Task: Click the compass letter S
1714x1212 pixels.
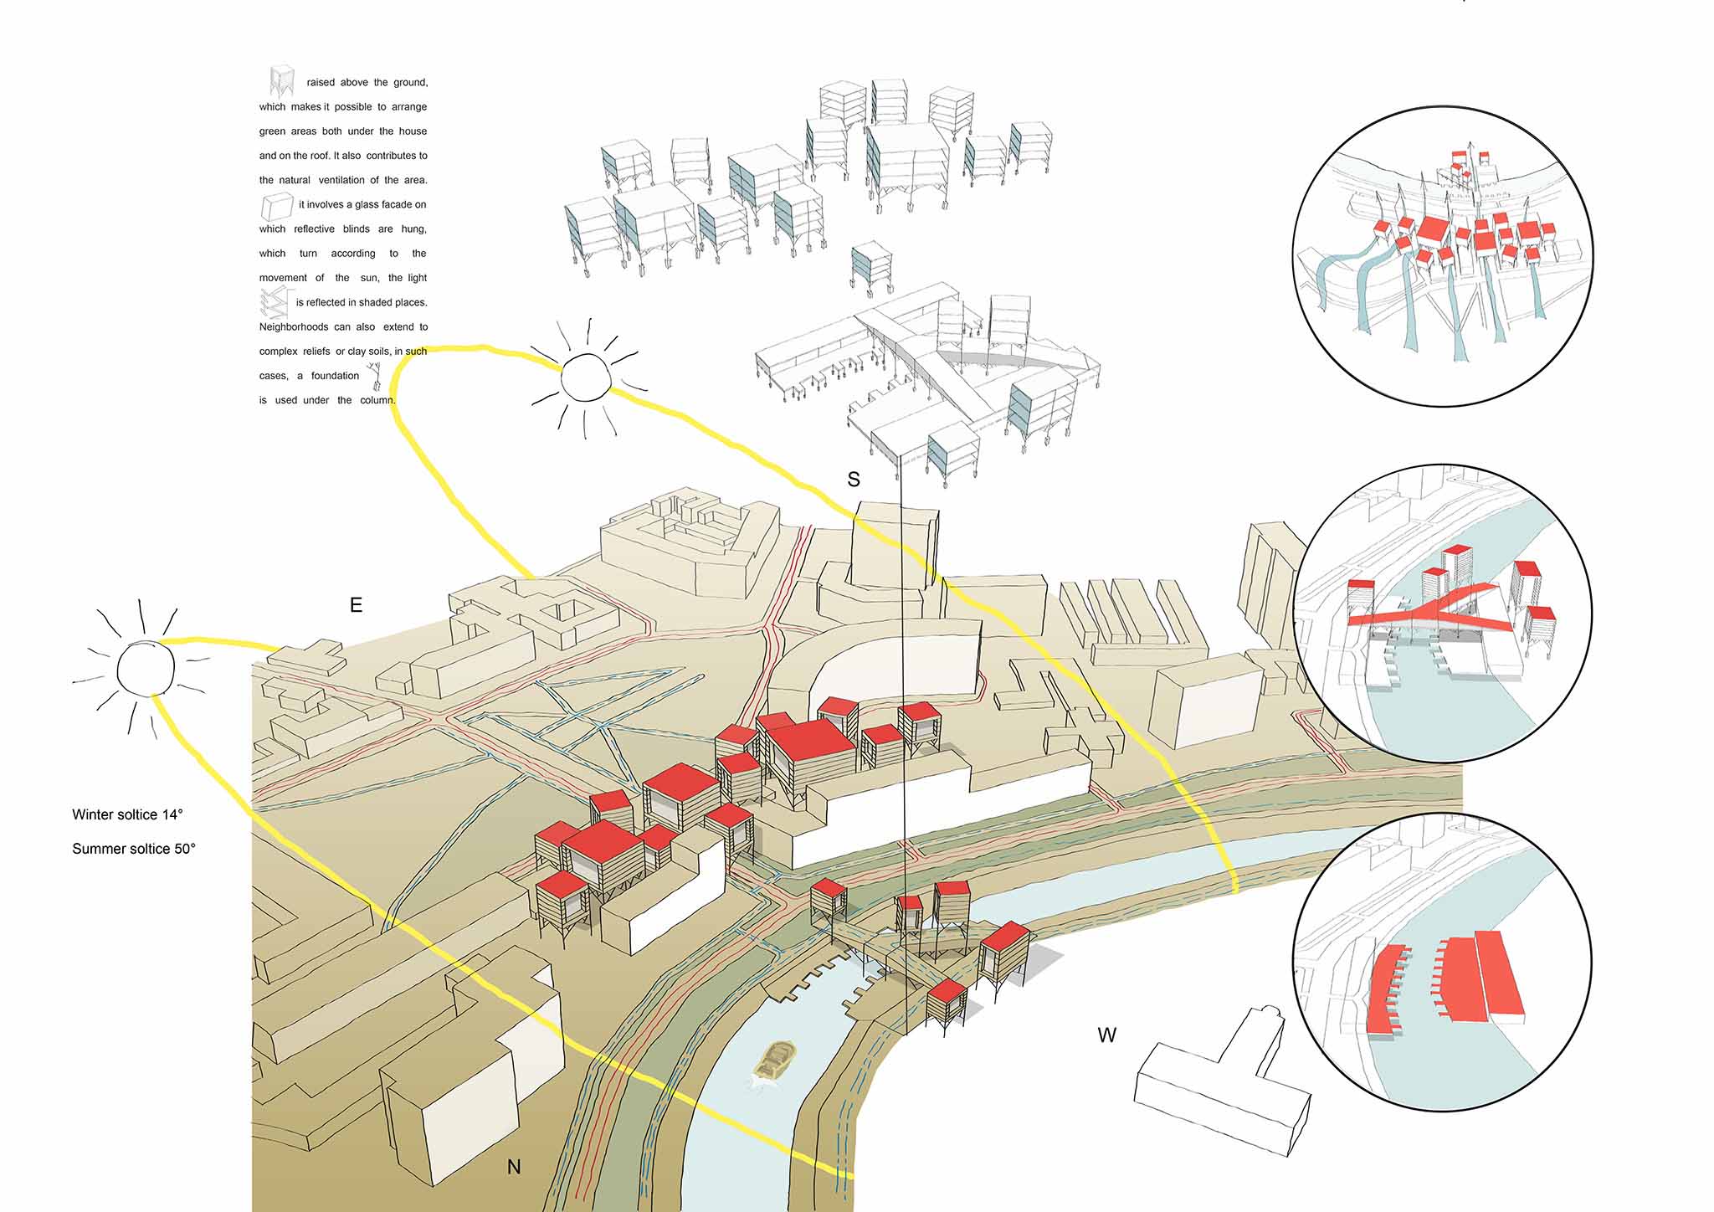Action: click(x=854, y=480)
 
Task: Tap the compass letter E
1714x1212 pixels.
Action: click(x=356, y=604)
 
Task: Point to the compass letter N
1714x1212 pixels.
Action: click(x=514, y=1167)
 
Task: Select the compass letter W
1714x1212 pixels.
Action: click(x=1106, y=1035)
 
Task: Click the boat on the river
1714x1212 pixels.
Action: click(x=775, y=1061)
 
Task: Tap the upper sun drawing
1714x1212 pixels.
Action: click(x=585, y=378)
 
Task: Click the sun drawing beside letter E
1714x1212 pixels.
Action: click(x=146, y=669)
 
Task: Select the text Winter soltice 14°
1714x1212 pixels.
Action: click(x=127, y=814)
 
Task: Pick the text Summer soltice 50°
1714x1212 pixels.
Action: click(x=134, y=849)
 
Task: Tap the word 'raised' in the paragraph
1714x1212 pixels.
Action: click(x=321, y=83)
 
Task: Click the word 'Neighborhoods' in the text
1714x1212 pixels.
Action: click(x=293, y=327)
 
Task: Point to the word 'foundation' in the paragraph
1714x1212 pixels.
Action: click(x=335, y=376)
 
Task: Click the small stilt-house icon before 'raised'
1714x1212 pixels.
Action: click(x=282, y=80)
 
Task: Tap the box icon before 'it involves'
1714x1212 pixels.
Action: click(x=276, y=206)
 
